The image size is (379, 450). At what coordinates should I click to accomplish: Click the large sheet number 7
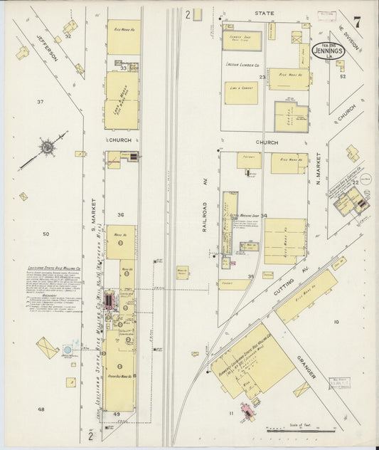click(x=356, y=22)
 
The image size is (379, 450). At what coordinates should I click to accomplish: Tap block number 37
click(x=41, y=102)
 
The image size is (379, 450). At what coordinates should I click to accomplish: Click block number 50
click(x=46, y=234)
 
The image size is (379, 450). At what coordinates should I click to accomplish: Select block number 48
click(x=41, y=409)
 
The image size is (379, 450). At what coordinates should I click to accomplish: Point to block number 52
click(x=342, y=75)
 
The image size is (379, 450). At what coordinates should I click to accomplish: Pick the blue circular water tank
click(x=68, y=350)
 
